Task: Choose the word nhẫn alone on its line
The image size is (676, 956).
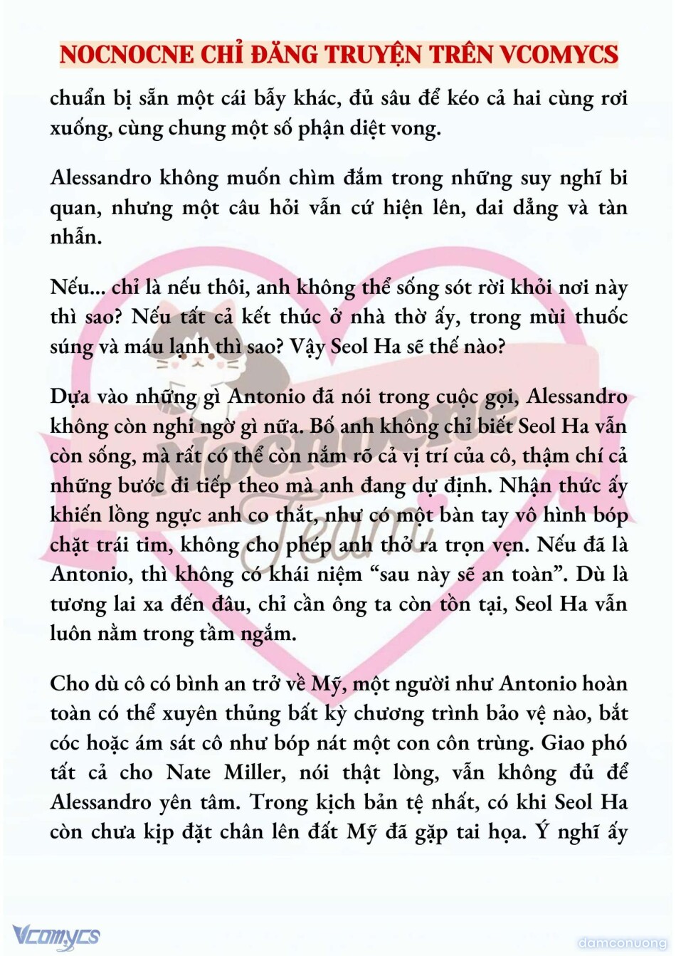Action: [x=75, y=237]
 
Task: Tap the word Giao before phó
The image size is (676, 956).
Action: [x=565, y=743]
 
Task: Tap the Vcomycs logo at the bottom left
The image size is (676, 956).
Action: [x=56, y=935]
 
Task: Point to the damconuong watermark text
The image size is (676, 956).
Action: [x=622, y=943]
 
